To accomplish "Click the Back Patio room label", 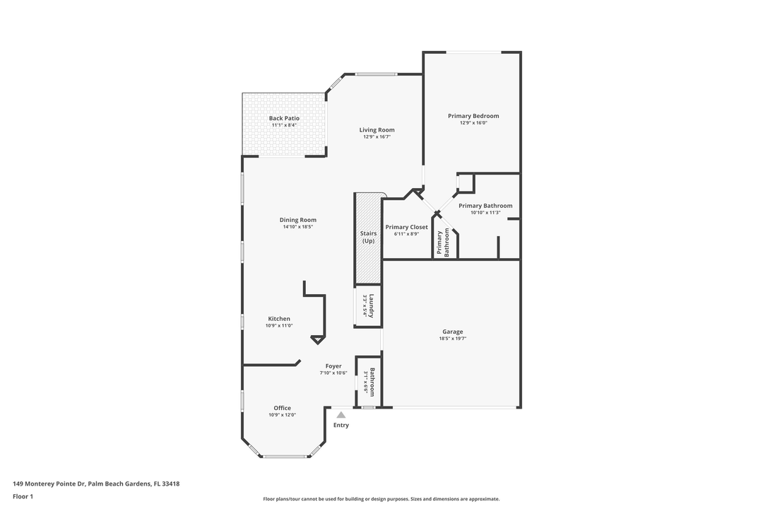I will tap(284, 118).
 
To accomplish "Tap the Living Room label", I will tap(377, 129).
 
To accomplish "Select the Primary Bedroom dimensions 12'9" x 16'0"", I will tap(473, 123).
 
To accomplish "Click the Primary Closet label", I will tap(406, 227).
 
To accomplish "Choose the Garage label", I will tap(453, 332).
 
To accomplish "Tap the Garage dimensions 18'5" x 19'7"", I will tap(453, 339).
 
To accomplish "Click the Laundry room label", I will tap(371, 306).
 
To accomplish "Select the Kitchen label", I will tap(278, 319).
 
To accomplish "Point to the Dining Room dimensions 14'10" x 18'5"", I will tap(297, 227).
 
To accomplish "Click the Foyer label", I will tap(333, 366).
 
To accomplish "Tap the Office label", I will tap(282, 408).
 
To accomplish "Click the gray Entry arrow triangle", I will tap(341, 415).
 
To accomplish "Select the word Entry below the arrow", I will tap(341, 426).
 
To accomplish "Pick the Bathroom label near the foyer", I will tap(372, 382).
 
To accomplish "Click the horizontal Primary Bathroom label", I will tap(485, 206).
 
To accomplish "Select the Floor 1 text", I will tap(23, 497).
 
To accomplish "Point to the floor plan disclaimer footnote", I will tap(381, 499).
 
